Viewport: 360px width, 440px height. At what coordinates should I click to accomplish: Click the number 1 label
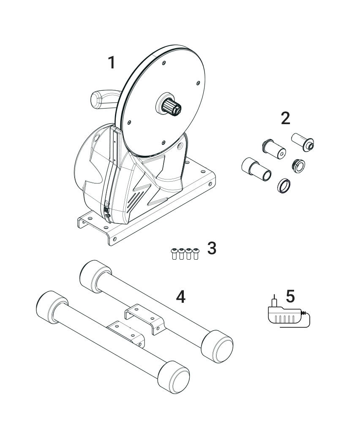point(112,62)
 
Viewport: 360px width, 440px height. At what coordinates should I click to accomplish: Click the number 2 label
point(285,118)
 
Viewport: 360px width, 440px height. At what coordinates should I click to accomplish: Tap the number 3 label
point(212,248)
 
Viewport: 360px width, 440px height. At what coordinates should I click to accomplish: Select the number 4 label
point(180,296)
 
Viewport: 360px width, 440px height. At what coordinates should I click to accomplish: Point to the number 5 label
point(290,296)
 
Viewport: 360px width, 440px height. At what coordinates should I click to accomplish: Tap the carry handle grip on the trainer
point(104,99)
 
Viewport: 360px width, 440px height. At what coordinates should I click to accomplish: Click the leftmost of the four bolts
point(174,253)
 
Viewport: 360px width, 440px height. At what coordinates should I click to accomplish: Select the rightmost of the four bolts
point(196,253)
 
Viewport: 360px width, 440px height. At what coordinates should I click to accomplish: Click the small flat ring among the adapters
point(284,185)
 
